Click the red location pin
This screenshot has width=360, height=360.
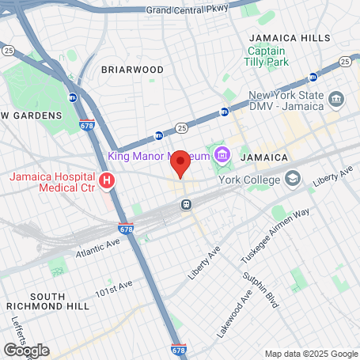click(x=180, y=163)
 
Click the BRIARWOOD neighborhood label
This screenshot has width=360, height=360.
click(x=132, y=70)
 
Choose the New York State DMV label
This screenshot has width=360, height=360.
click(x=286, y=100)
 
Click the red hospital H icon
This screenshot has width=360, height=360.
click(x=107, y=183)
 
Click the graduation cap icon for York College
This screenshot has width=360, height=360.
click(x=293, y=178)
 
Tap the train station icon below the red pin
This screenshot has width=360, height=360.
click(x=187, y=203)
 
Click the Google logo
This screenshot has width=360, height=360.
click(x=25, y=350)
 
